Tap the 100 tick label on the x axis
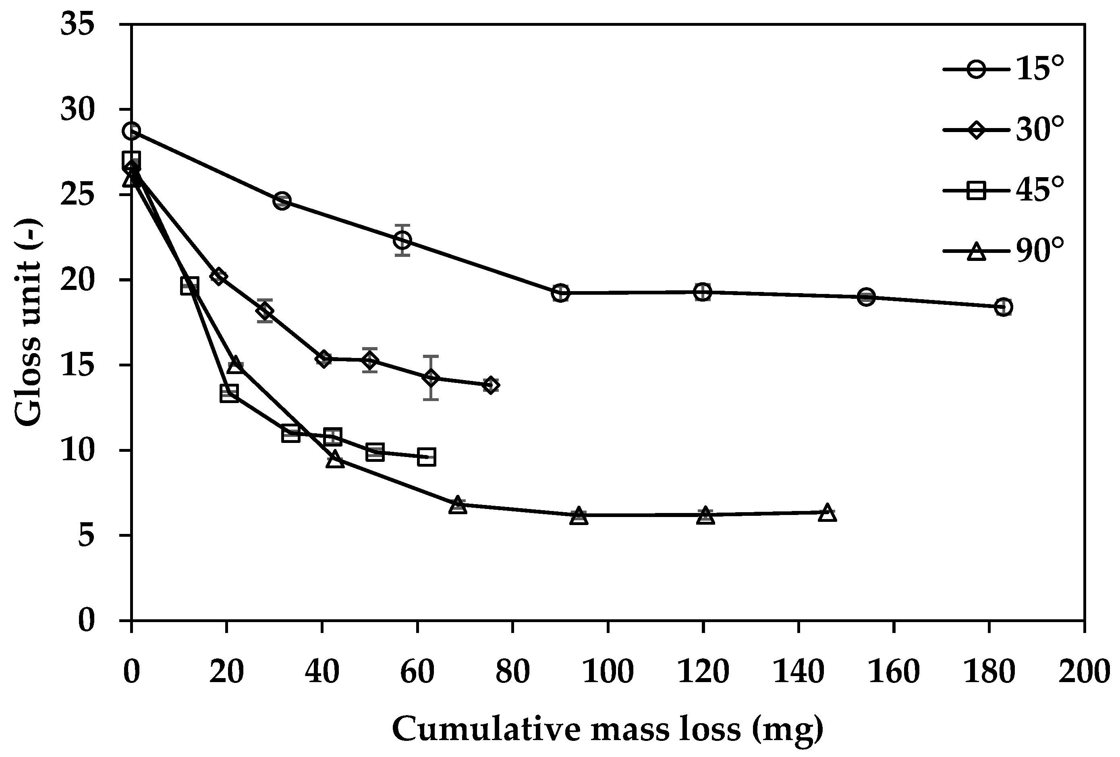(608, 672)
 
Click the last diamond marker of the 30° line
(491, 385)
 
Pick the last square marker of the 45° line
(427, 457)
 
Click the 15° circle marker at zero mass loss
(132, 131)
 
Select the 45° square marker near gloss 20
(189, 286)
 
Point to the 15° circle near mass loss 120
(703, 292)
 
